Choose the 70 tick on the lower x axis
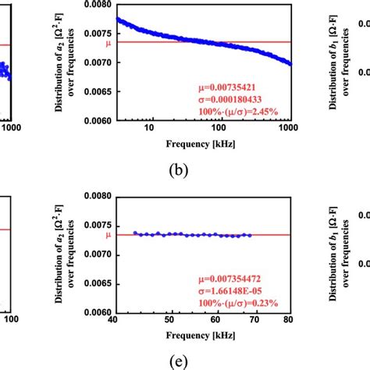(258, 320)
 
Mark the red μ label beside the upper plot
(108, 43)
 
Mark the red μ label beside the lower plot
(108, 234)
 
